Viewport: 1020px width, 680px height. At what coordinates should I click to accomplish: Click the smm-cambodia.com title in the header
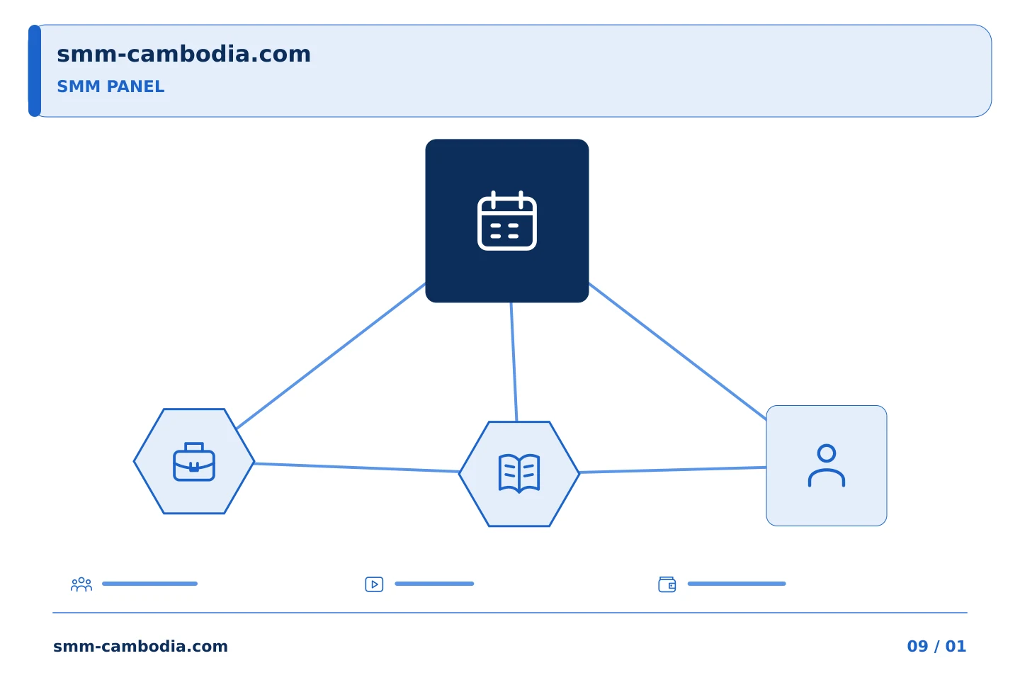coord(183,55)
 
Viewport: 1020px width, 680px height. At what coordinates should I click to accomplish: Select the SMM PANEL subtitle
coord(110,86)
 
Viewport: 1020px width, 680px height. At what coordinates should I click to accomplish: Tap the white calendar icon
coord(507,221)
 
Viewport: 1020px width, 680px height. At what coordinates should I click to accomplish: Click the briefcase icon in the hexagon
coord(194,461)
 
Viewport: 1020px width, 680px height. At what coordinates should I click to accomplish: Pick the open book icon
coord(519,473)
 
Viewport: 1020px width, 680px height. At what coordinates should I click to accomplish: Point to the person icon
coord(827,465)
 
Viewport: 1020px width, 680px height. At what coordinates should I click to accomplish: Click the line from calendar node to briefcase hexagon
coord(331,356)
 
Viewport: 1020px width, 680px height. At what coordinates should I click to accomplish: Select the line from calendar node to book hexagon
coord(514,362)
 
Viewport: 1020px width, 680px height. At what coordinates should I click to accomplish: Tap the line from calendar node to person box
coord(678,351)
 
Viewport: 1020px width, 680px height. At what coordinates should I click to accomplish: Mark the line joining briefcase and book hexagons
coord(356,467)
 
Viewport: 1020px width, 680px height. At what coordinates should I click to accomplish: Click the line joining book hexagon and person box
coord(673,470)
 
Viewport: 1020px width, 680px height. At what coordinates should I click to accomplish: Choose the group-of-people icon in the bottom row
coord(81,584)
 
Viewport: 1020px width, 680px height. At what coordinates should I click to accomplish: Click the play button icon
coord(374,584)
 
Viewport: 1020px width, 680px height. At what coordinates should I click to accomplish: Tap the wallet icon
coord(667,584)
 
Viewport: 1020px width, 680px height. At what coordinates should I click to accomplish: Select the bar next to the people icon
coord(150,584)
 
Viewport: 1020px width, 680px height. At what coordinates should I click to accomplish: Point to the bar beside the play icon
coord(434,584)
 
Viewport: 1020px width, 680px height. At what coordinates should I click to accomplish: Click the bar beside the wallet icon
coord(737,584)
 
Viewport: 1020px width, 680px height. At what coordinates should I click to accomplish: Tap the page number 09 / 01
coord(936,646)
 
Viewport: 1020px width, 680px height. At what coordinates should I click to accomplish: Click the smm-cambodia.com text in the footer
coord(140,646)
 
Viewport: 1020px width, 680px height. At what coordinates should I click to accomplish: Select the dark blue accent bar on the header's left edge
coord(35,71)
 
